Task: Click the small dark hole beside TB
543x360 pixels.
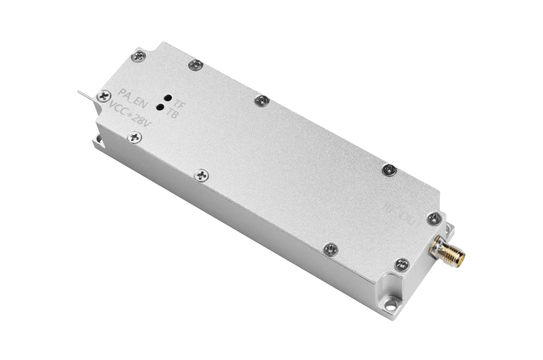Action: tap(160, 107)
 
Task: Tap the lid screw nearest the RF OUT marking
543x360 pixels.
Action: tap(432, 217)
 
